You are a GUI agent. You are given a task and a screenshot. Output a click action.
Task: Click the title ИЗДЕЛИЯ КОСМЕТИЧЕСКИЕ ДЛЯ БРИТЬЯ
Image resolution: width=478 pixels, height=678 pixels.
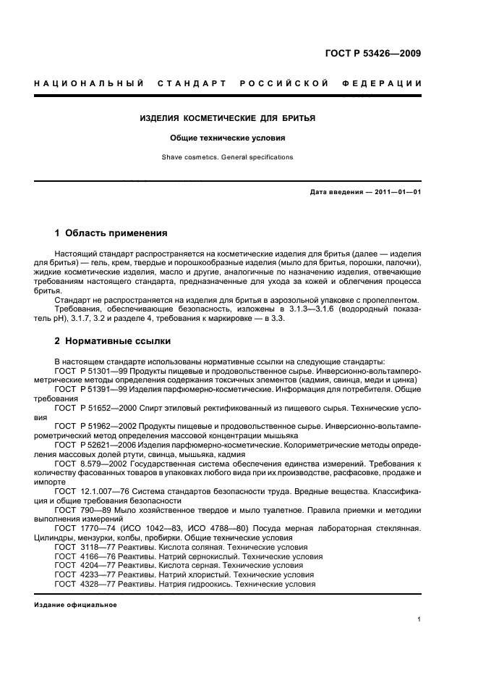tap(227, 117)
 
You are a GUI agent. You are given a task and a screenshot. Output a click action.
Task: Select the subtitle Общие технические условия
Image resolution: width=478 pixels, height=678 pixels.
tap(227, 137)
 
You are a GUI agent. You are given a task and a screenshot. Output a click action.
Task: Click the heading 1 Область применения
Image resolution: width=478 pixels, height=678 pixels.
tap(111, 233)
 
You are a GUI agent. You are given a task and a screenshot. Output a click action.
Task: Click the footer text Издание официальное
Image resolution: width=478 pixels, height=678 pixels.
tap(75, 605)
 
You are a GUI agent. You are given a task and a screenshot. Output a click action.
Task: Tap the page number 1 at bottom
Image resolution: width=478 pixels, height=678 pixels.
tap(419, 619)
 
